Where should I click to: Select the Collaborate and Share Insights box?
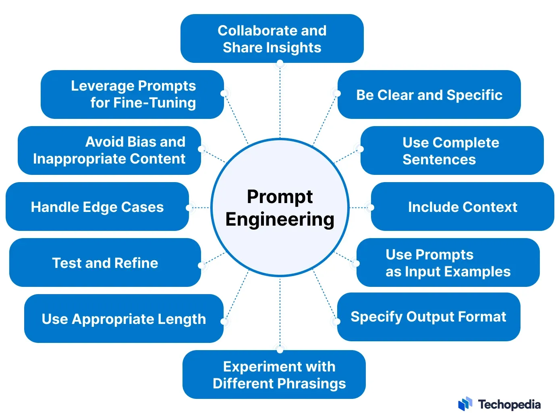coord(272,39)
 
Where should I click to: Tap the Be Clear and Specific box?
coord(429,95)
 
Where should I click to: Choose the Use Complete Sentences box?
coord(452,151)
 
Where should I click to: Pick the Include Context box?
coord(463,207)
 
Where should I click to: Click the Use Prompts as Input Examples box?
coord(448,263)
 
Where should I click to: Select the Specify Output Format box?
coord(428,317)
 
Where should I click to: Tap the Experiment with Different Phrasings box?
coord(274,375)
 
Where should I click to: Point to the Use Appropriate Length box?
coord(124,319)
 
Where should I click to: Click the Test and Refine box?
coord(105,263)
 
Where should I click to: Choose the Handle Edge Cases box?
coord(97,207)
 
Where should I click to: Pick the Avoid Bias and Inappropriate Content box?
coord(109,150)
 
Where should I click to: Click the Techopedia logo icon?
coord(465,404)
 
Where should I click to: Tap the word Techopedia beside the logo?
coord(509,404)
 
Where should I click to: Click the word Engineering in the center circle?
coord(280,220)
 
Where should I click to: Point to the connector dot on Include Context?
coord(371,207)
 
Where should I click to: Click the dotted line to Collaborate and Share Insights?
coord(280,101)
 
